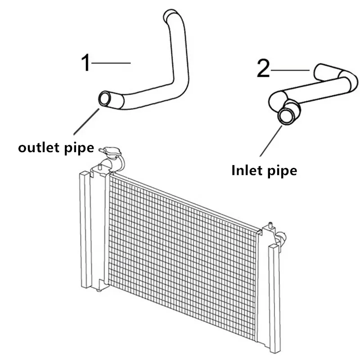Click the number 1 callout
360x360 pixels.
[86, 63]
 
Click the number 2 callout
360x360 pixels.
[263, 68]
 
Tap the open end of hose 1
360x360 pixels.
[105, 99]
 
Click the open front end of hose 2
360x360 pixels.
[286, 116]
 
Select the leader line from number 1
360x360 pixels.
[111, 63]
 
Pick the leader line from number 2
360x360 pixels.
[290, 70]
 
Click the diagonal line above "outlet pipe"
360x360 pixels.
[86, 121]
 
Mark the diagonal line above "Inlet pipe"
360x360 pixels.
[271, 141]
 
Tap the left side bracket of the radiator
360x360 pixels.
[85, 229]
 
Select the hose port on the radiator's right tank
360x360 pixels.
[282, 238]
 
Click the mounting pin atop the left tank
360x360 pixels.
[100, 167]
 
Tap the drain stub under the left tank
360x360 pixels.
[99, 290]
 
